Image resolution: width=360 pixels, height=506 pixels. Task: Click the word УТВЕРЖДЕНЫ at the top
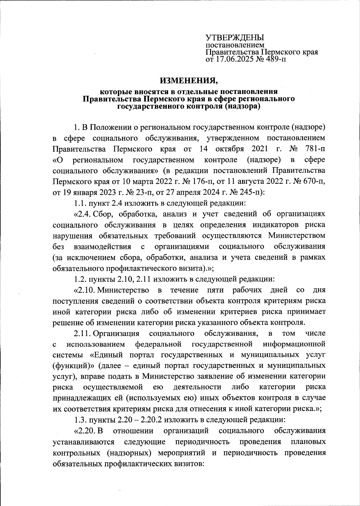235,38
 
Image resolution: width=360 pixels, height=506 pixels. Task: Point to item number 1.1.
80,203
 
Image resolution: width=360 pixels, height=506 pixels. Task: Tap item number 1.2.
80,279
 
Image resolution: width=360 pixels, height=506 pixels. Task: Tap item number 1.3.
80,420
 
